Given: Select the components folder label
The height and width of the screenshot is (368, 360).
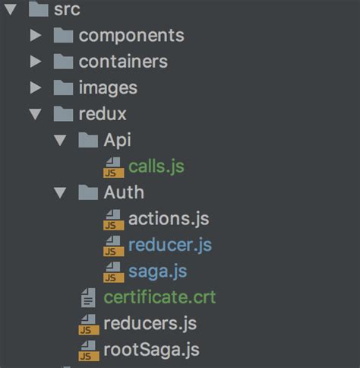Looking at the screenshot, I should [131, 35].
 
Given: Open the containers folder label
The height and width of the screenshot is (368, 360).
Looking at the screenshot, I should [123, 62].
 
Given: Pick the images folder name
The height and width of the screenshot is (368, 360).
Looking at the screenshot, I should [108, 87].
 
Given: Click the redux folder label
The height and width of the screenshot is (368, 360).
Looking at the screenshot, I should [103, 114].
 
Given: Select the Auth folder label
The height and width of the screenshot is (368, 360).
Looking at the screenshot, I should [124, 192].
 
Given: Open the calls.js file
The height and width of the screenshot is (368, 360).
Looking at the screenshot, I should [156, 166].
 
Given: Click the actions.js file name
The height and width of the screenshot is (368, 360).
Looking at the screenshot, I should [169, 219].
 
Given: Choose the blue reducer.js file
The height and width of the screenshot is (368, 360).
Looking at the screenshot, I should [170, 245].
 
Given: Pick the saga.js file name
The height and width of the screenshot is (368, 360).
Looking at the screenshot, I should [158, 271].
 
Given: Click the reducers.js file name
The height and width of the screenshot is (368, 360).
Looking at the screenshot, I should [150, 323].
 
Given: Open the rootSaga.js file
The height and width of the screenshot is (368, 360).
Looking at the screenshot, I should [152, 350].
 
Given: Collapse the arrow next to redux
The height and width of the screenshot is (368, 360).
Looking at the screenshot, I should [35, 114].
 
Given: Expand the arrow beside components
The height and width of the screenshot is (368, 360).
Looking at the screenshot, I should [35, 35].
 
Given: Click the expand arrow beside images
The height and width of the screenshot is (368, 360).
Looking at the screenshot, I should [35, 87].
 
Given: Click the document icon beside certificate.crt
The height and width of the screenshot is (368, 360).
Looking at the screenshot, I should [88, 297].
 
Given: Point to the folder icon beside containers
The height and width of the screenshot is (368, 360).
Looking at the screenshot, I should [64, 62].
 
